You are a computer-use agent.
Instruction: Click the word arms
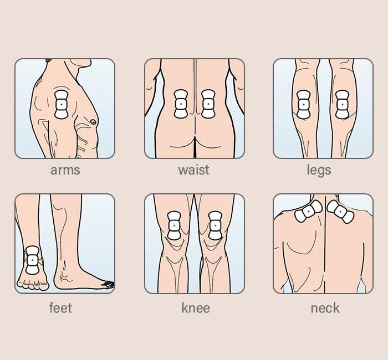[x=65, y=170]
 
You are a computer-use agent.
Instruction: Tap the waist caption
[x=194, y=170]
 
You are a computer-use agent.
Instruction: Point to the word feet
[x=60, y=307]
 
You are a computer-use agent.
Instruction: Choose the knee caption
[x=195, y=307]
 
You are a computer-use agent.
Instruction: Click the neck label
[x=325, y=307]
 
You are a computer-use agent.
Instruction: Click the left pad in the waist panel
[x=181, y=104]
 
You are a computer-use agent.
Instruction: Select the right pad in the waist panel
[x=208, y=104]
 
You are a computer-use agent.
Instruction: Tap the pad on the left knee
[x=174, y=225]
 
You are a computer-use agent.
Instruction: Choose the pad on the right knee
[x=215, y=225]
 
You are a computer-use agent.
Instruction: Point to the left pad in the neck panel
[x=308, y=212]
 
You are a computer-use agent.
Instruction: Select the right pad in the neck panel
[x=340, y=212]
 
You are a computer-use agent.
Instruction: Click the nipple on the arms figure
[x=93, y=121]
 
